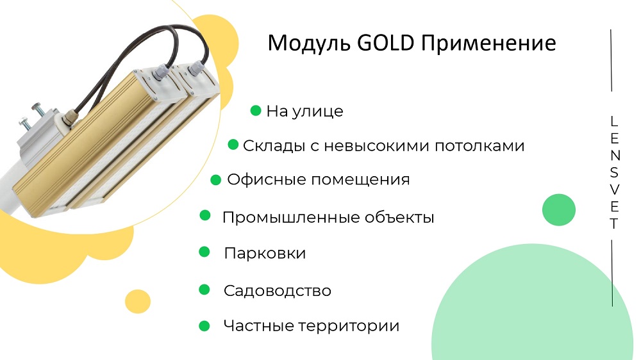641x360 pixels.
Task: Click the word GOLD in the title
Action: (x=385, y=42)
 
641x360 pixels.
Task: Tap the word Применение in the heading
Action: (x=488, y=43)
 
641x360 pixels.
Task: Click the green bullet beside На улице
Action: (x=256, y=110)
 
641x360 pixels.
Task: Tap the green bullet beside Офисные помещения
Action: (x=216, y=180)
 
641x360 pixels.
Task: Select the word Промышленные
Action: (x=290, y=217)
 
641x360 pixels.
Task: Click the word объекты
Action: (x=399, y=217)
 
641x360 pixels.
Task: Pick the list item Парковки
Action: (x=265, y=254)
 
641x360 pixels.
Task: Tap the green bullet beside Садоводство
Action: (x=204, y=290)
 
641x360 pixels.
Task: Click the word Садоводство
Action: (x=277, y=291)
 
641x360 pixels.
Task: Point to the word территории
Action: (x=349, y=325)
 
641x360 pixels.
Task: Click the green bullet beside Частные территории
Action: (x=204, y=325)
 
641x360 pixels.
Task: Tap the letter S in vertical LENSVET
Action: (x=614, y=173)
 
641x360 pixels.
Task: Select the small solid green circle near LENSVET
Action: (x=559, y=209)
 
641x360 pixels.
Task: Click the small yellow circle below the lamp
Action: (x=138, y=302)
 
